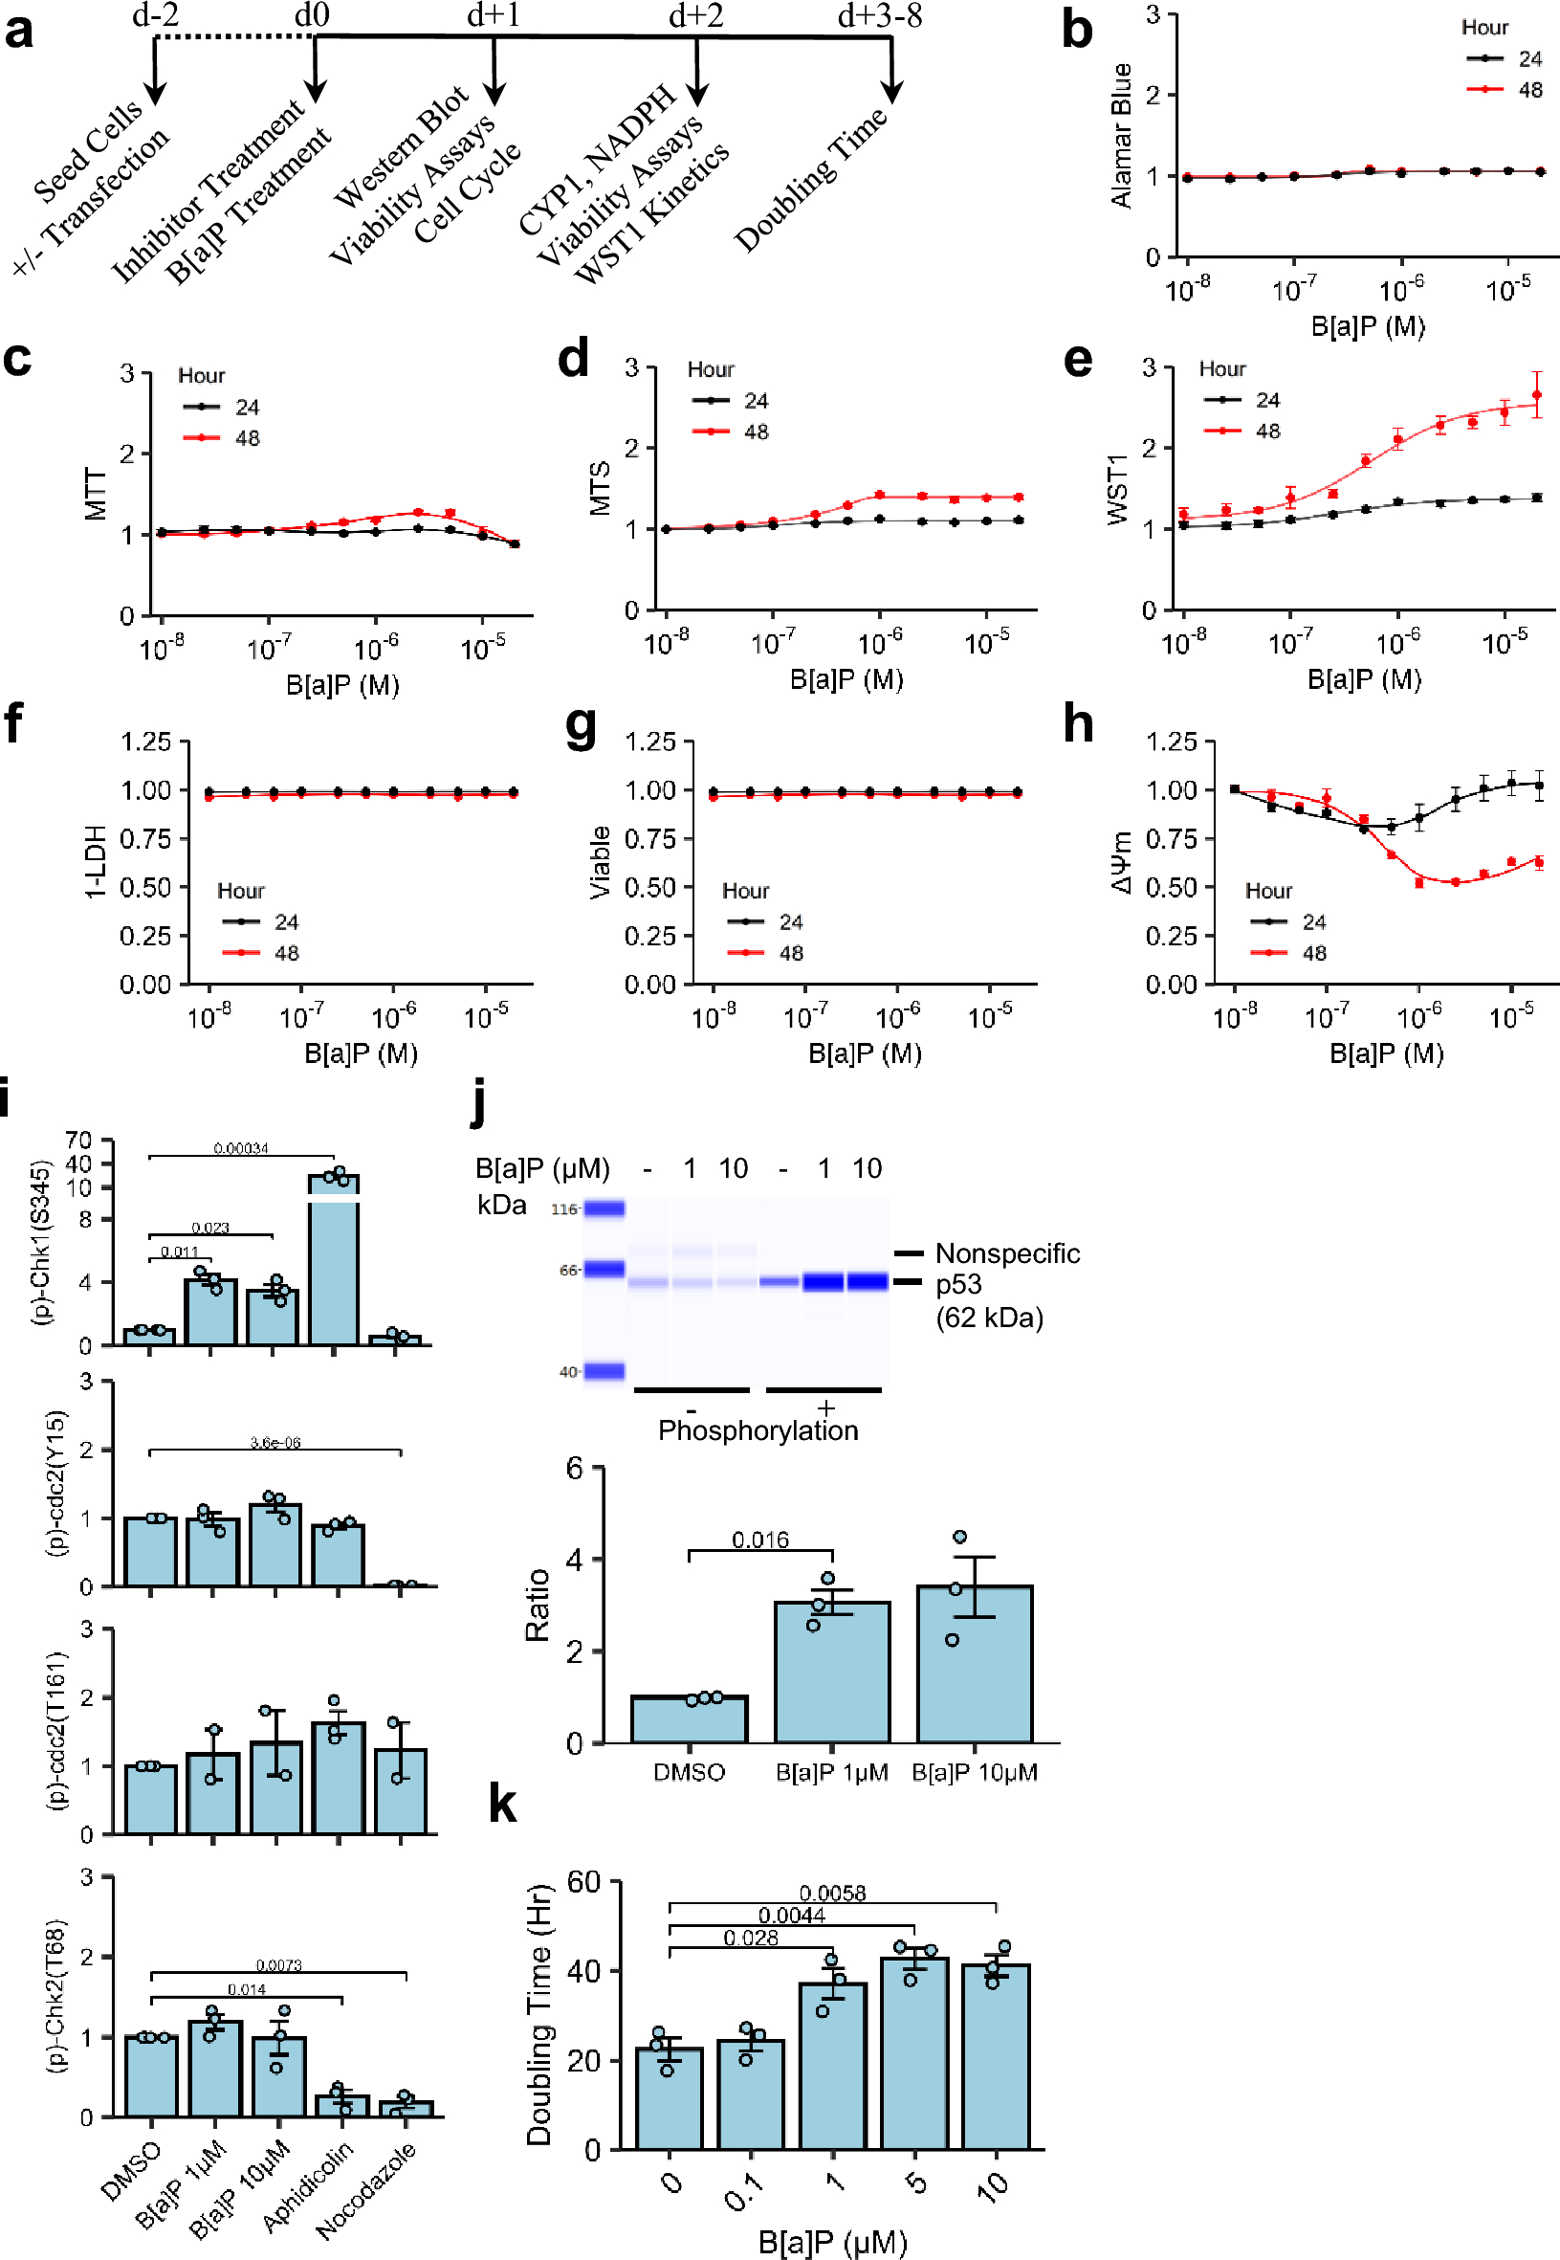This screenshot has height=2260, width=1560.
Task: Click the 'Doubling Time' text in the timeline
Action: pyautogui.click(x=810, y=180)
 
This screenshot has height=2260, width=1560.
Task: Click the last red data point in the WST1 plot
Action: pyautogui.click(x=1536, y=395)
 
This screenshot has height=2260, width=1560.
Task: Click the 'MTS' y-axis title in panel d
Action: pyautogui.click(x=599, y=488)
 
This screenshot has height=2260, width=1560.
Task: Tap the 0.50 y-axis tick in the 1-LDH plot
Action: pyautogui.click(x=145, y=887)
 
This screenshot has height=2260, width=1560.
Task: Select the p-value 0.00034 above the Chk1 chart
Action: pyautogui.click(x=240, y=1147)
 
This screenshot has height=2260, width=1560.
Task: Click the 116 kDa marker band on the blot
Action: pyautogui.click(x=604, y=1208)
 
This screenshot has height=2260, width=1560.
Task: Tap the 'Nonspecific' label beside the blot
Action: pyautogui.click(x=1007, y=1253)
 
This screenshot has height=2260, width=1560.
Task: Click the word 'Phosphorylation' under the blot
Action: pyautogui.click(x=758, y=1430)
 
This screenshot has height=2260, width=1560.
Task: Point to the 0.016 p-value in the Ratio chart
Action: pyautogui.click(x=759, y=1540)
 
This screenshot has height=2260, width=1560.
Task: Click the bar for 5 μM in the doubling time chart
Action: pyautogui.click(x=914, y=2052)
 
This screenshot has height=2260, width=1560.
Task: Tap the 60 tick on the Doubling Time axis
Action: pyautogui.click(x=583, y=1882)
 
